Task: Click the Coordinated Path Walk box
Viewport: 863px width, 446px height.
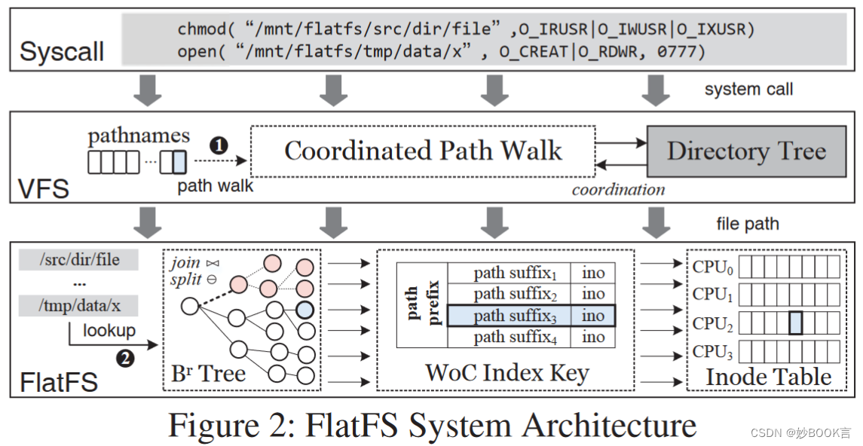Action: [x=423, y=151]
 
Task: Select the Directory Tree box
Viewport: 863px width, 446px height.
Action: [x=746, y=151]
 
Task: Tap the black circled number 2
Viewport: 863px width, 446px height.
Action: [x=124, y=358]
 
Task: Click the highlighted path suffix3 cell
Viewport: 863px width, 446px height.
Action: [x=510, y=316]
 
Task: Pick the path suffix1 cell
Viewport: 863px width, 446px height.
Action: [x=510, y=273]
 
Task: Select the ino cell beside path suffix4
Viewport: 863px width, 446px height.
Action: [x=593, y=337]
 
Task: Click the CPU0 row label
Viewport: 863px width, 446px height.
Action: [x=712, y=266]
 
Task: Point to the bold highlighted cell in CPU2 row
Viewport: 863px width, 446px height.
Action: [x=795, y=323]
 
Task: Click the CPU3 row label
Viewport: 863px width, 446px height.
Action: [x=712, y=352]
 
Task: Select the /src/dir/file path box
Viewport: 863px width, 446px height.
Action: [x=79, y=260]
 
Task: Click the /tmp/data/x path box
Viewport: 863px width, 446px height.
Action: [x=79, y=305]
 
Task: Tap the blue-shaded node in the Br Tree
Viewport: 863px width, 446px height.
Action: [x=305, y=310]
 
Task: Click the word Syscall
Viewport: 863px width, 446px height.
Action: [x=62, y=51]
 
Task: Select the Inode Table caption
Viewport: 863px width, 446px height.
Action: [x=768, y=376]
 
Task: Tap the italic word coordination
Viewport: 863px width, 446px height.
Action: [x=618, y=189]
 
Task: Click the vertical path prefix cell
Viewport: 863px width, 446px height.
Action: [x=422, y=304]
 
